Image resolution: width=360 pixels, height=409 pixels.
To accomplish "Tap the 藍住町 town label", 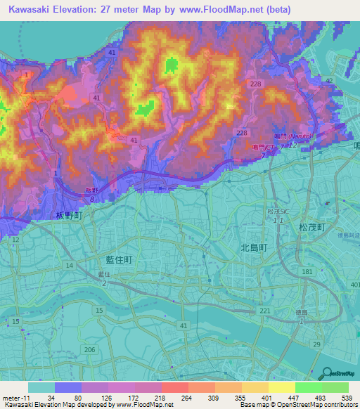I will [114, 259].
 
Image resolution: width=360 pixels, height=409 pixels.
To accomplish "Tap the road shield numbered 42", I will [329, 82].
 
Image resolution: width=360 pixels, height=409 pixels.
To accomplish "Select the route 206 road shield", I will [89, 349].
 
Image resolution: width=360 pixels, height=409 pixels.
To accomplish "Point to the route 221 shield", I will [264, 311].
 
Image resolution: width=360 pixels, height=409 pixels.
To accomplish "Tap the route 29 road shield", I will [316, 344].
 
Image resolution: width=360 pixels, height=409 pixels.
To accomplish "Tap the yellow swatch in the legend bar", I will [282, 387].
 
